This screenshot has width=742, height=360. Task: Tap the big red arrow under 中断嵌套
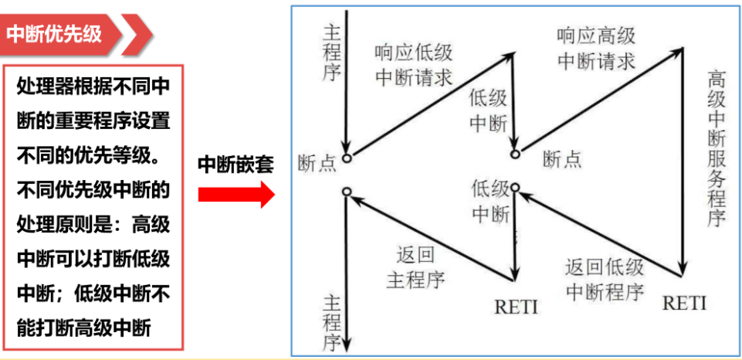[x=235, y=194]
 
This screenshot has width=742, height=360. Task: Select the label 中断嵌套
[x=235, y=164]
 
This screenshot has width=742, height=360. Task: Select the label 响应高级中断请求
[x=595, y=48]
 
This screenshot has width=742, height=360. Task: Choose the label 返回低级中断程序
[x=605, y=280]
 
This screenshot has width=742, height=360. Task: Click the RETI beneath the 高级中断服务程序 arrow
[x=684, y=303]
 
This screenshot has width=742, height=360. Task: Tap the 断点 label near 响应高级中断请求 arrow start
[x=562, y=159]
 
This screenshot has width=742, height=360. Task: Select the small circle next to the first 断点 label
[x=347, y=158]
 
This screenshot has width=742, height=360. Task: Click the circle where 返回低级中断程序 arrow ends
[x=515, y=187]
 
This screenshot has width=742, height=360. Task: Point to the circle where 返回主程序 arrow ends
[x=347, y=191]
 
